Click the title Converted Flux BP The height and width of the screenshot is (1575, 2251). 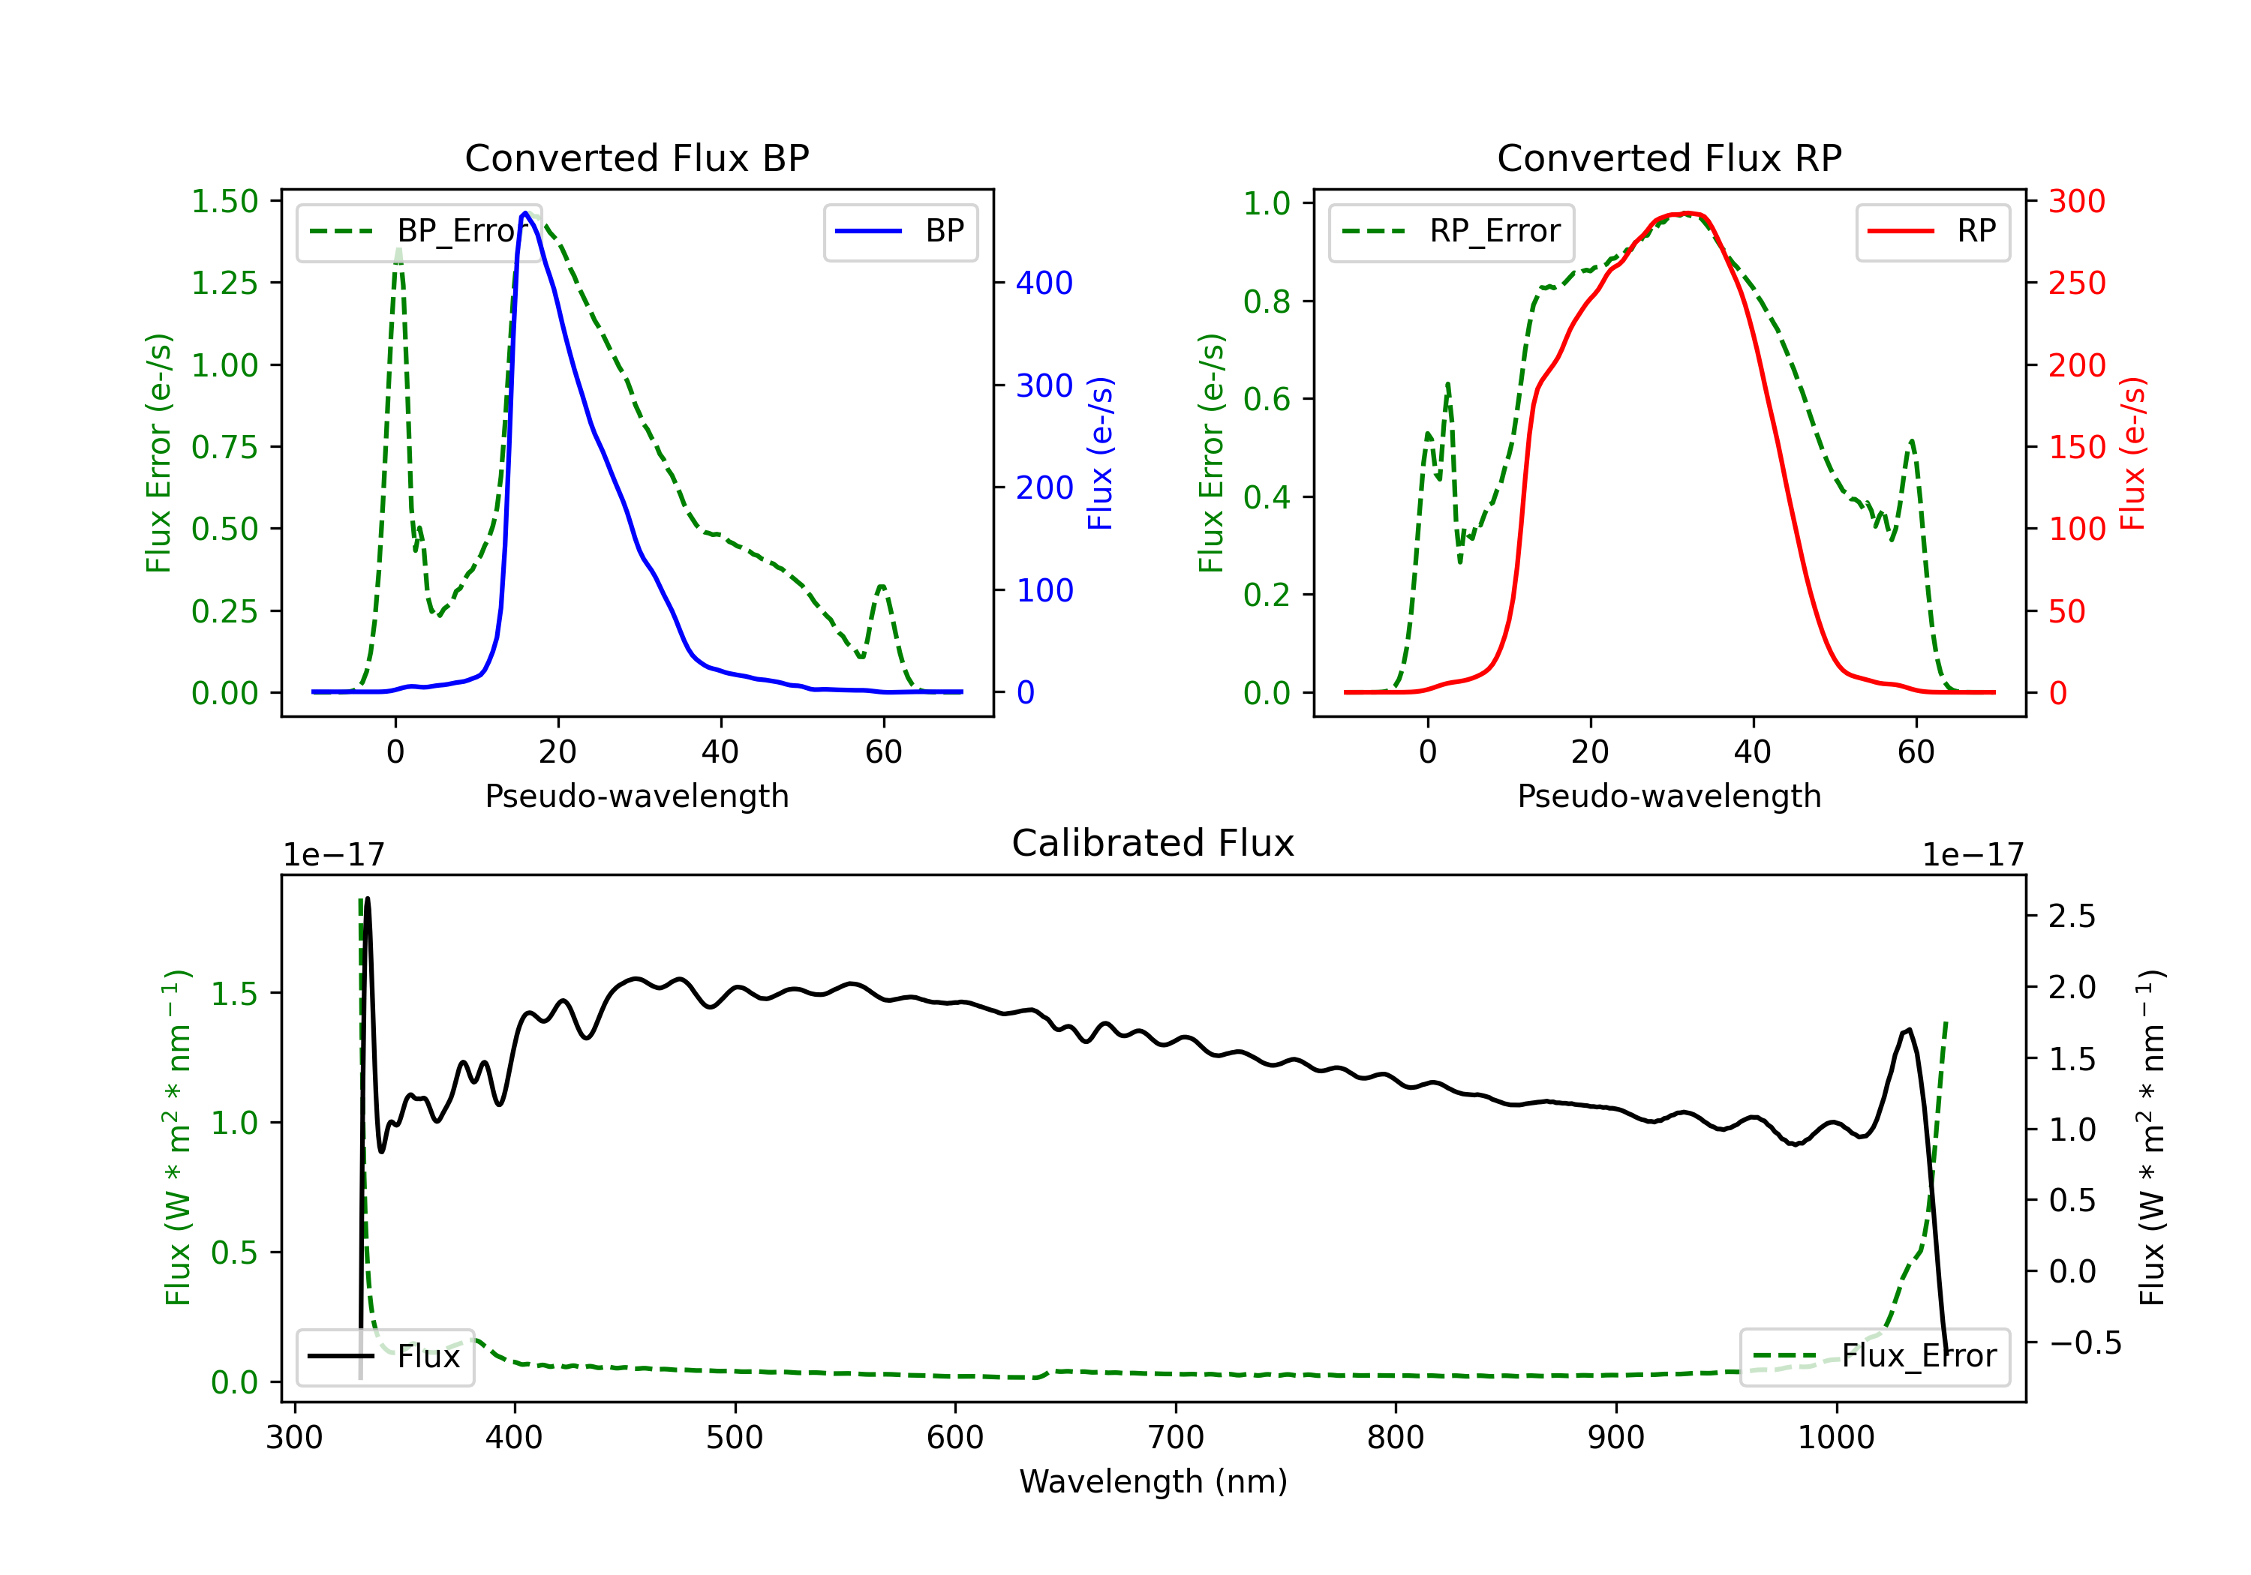point(636,157)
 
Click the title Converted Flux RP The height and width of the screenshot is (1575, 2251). point(1669,157)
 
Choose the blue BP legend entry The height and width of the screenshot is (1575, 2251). point(900,231)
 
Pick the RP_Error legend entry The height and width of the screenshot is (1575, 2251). point(1451,231)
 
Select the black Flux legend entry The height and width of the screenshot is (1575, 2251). point(384,1357)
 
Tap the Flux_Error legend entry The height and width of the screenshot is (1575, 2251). point(1874,1357)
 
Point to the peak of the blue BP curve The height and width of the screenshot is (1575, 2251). point(525,213)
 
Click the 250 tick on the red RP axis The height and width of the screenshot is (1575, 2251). point(2076,283)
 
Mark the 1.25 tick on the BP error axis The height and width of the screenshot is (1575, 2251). point(224,283)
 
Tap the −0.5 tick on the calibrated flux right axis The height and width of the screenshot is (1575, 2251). point(2084,1342)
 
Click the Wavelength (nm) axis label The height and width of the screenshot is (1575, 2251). point(1153,1481)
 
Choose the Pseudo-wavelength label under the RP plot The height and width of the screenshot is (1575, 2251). point(1669,796)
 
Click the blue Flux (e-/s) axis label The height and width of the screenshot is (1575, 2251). point(1100,453)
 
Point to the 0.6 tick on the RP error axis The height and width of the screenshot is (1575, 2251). point(1266,399)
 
